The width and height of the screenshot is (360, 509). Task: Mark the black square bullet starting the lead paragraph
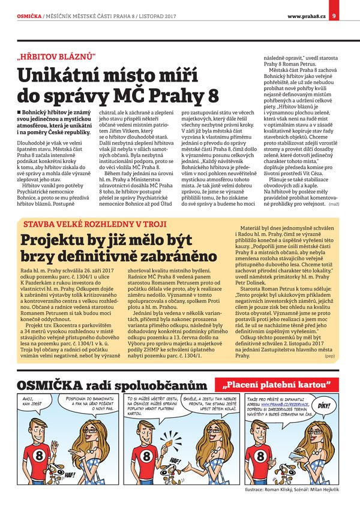pos(20,112)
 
